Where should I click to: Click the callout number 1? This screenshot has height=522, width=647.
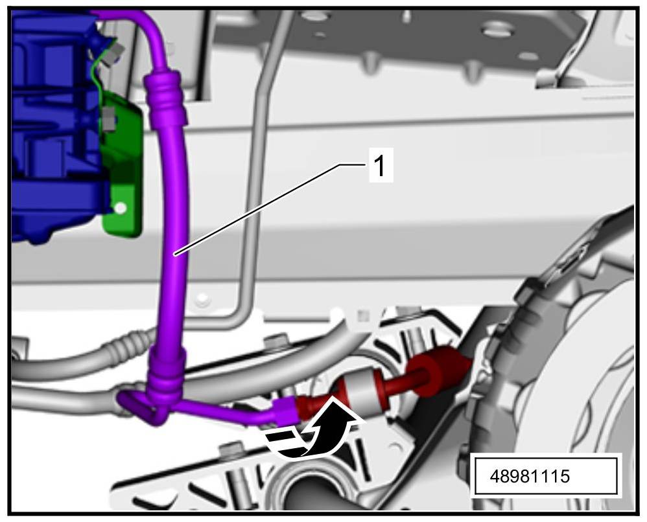(380, 165)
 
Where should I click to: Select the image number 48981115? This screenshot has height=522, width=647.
(530, 476)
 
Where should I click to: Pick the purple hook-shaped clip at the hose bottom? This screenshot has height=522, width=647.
(138, 408)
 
